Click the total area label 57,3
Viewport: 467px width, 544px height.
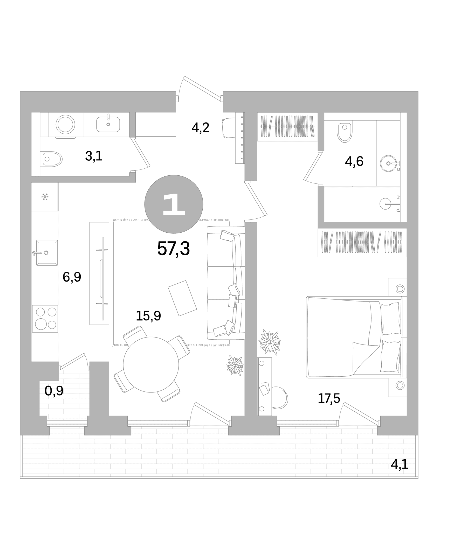click(x=174, y=248)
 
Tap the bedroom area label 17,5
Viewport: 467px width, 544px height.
click(x=329, y=398)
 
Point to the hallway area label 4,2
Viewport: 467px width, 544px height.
click(x=200, y=128)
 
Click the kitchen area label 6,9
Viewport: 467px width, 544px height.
click(x=72, y=277)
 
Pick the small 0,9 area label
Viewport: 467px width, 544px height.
click(x=54, y=391)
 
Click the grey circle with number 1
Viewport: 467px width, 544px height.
click(x=174, y=204)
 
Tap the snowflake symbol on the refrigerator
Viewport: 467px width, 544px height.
click(x=45, y=197)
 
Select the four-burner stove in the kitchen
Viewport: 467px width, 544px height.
click(x=45, y=319)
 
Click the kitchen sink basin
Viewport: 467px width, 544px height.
click(x=47, y=253)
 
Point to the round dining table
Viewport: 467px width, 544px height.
click(x=151, y=365)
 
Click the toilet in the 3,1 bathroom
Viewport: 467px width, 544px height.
click(x=51, y=159)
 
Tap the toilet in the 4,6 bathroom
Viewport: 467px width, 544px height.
click(x=345, y=132)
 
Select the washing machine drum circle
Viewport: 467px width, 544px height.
click(x=65, y=124)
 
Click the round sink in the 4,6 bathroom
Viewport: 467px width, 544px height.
click(x=388, y=163)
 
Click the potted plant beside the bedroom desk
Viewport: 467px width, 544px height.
click(x=270, y=342)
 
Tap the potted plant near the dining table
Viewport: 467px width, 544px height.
click(x=235, y=365)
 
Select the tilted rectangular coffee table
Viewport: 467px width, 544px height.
click(x=182, y=298)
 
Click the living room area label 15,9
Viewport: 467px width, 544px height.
click(x=148, y=316)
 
